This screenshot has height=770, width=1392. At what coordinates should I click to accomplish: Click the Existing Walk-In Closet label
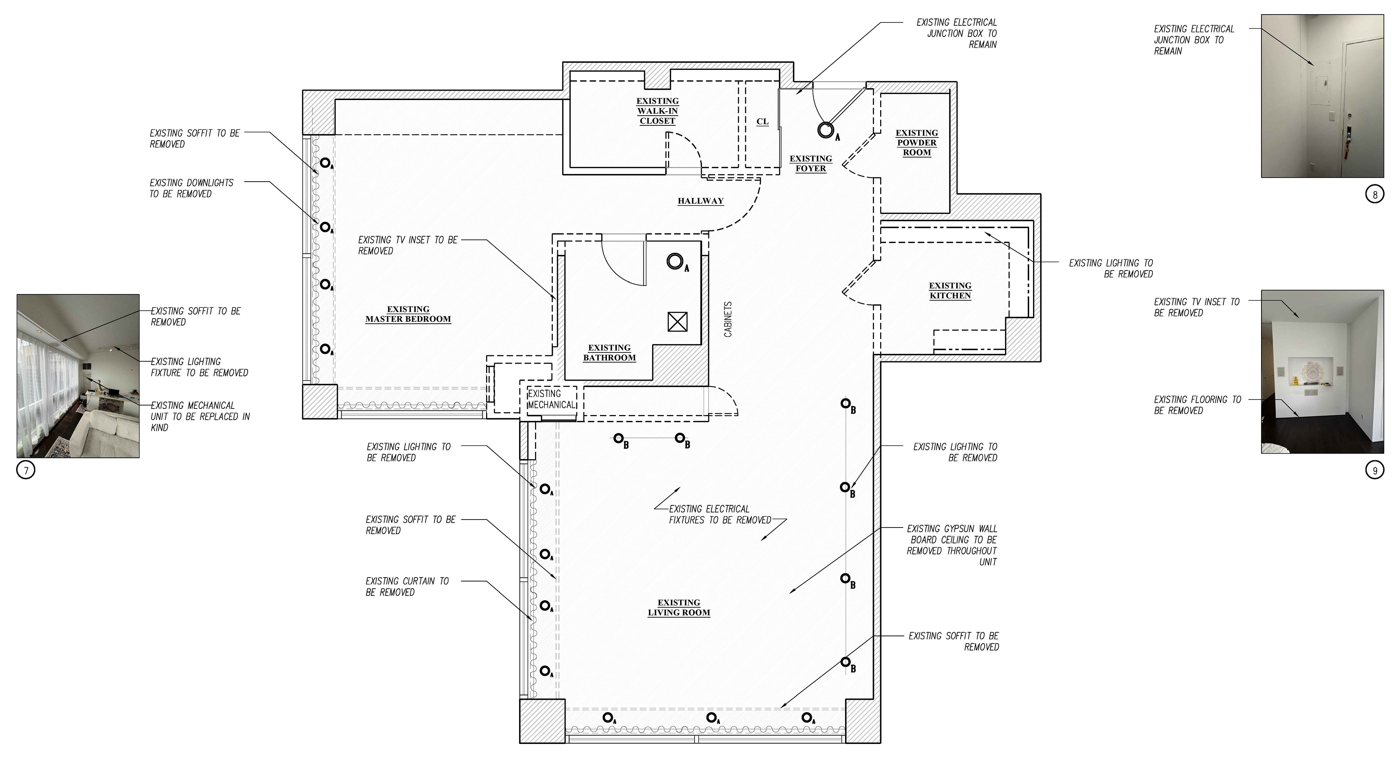pos(657,111)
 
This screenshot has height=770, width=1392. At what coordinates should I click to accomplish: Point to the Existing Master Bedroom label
pos(408,314)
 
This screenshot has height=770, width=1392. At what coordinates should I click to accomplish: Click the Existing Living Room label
pos(679,607)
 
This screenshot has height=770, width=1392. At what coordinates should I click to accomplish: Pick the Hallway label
pos(700,201)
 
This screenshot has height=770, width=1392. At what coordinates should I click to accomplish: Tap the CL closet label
pos(762,121)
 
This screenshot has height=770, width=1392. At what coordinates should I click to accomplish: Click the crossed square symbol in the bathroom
pos(678,322)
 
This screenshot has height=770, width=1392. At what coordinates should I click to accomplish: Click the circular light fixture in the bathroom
pos(674,261)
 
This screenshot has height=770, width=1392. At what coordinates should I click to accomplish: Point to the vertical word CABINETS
pos(728,319)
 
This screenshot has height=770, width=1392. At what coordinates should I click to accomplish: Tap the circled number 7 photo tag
pos(26,471)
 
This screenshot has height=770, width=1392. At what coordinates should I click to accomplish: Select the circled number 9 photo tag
pos(1375,470)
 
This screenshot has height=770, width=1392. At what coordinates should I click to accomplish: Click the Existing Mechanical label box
pos(552,399)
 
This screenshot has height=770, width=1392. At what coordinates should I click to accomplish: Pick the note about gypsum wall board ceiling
pos(952,545)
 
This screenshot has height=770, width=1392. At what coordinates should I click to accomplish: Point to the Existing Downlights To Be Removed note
pos(191,188)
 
